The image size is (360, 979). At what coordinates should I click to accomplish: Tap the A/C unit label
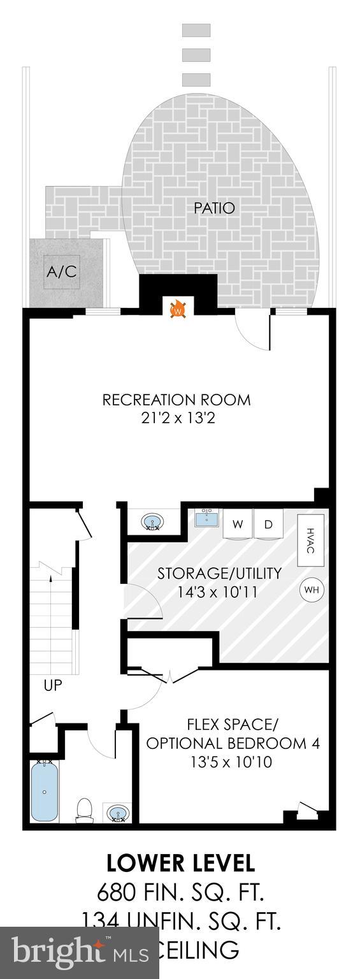(x=62, y=272)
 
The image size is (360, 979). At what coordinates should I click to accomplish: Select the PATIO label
(x=214, y=208)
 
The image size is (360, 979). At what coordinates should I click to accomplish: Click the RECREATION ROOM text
(x=176, y=400)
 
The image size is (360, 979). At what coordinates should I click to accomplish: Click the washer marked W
(x=238, y=525)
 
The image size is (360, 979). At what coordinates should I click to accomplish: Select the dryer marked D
(x=269, y=525)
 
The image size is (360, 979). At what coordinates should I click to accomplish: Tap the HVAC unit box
(x=310, y=541)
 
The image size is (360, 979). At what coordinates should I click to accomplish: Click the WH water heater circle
(x=311, y=590)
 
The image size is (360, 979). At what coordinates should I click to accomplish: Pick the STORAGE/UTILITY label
(x=219, y=573)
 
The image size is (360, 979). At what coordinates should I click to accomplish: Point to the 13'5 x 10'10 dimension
(x=231, y=761)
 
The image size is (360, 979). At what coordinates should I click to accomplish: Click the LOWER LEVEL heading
(x=180, y=863)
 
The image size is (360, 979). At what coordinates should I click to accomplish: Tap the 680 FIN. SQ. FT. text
(x=180, y=892)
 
